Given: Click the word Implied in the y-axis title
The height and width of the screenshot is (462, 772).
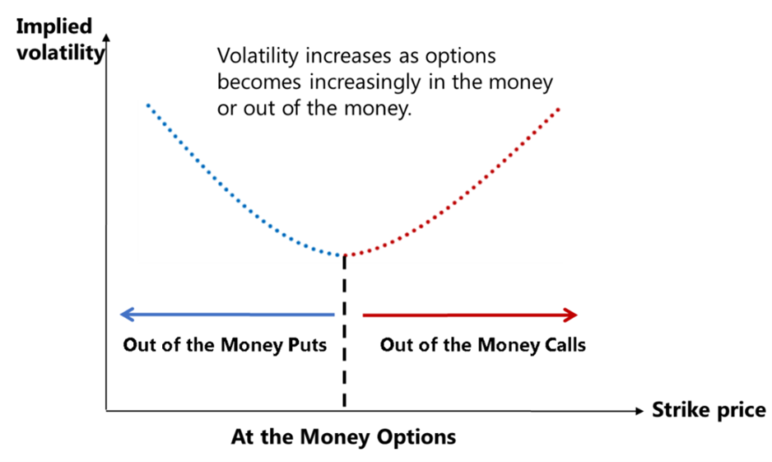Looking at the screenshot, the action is [54, 27].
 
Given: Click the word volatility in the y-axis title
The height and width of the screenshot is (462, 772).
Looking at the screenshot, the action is [61, 53].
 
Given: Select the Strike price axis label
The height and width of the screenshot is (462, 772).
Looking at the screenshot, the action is [709, 410].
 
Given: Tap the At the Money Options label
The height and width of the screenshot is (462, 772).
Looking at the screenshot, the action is [344, 436].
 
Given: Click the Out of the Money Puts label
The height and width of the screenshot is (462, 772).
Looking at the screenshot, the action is [225, 345].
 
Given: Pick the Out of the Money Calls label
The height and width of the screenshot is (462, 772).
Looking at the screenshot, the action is [483, 345].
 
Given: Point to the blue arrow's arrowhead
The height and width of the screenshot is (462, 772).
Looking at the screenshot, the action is [127, 315].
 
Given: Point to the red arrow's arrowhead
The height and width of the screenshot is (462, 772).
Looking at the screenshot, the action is [570, 315].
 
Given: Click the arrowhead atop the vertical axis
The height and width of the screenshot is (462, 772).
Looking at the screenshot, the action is [106, 37].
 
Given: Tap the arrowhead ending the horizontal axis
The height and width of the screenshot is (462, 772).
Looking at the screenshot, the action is [639, 411].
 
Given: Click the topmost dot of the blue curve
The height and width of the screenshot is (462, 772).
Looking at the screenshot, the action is [147, 105].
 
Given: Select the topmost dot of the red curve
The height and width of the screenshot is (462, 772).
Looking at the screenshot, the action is [558, 109].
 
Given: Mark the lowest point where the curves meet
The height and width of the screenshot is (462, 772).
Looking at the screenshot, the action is [344, 255].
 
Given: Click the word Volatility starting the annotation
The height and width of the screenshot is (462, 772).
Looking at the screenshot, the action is [258, 56].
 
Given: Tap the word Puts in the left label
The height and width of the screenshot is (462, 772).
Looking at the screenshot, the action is [307, 345].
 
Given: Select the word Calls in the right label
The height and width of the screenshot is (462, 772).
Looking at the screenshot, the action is [565, 345].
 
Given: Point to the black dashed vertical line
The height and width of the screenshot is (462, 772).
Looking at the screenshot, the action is [344, 331].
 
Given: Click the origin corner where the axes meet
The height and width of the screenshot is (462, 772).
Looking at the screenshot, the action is [106, 410].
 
